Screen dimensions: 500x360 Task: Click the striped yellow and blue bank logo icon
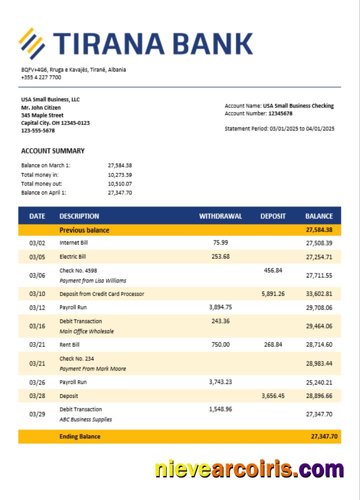(x=32, y=43)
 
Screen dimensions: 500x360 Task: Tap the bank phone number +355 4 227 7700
(x=41, y=77)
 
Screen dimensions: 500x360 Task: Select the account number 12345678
(x=280, y=113)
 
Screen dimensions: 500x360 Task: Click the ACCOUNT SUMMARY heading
(x=52, y=151)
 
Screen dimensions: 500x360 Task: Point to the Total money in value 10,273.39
(x=119, y=174)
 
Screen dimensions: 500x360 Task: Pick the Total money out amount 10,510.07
(x=119, y=183)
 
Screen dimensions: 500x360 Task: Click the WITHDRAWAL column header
(x=220, y=216)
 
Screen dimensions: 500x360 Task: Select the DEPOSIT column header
(x=273, y=216)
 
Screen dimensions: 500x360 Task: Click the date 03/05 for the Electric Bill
(x=37, y=257)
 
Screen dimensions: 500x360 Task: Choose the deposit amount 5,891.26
(x=272, y=294)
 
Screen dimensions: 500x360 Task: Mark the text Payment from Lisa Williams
(x=92, y=280)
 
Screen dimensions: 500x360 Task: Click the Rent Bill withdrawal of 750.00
(x=220, y=344)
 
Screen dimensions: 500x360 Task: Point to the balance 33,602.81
(x=319, y=294)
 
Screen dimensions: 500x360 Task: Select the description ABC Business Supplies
(x=85, y=419)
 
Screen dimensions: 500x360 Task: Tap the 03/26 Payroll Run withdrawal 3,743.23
(x=220, y=382)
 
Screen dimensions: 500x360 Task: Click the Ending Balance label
(x=79, y=436)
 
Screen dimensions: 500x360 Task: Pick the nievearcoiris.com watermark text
(x=249, y=470)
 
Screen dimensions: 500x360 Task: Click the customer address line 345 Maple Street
(x=42, y=115)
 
